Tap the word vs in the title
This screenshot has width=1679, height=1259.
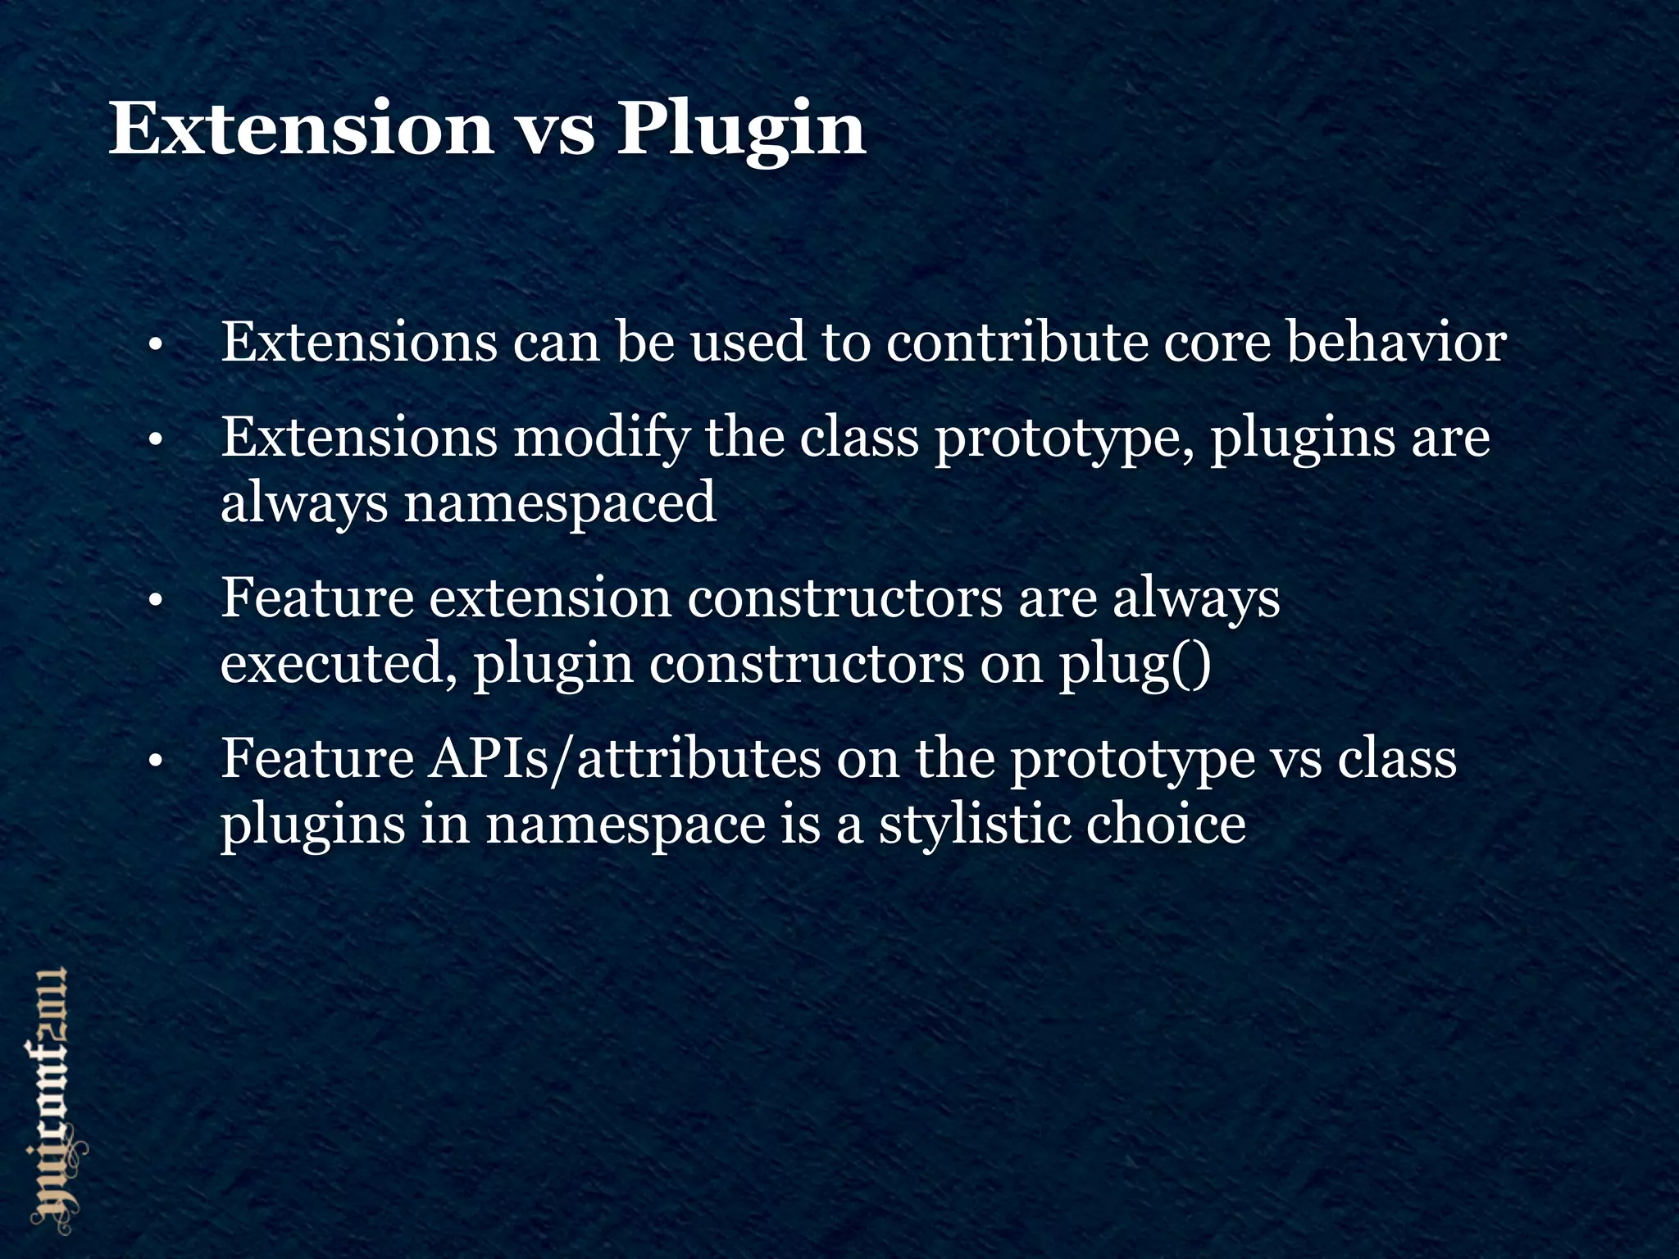coord(556,131)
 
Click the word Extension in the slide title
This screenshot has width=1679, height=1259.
coord(301,129)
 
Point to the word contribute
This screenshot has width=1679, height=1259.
coord(1016,342)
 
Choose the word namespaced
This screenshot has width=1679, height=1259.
coord(560,503)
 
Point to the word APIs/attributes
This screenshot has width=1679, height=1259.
coord(624,759)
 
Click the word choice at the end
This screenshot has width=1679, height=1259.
coord(1166,824)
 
